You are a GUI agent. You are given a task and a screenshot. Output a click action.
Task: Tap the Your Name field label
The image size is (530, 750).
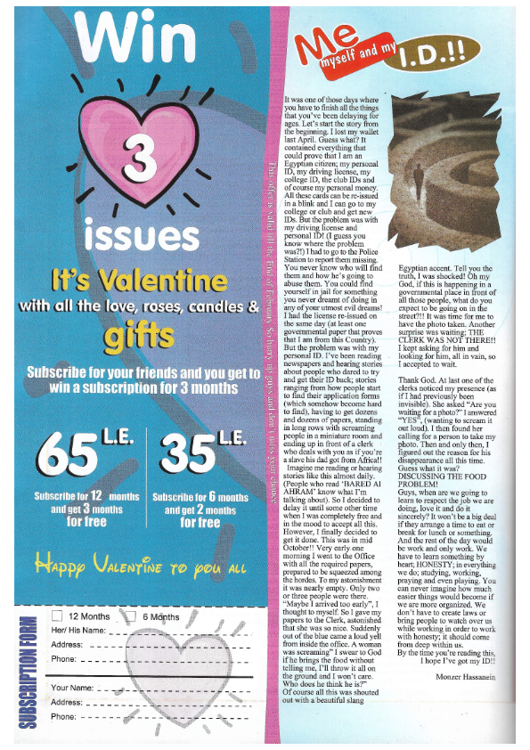click(72, 688)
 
